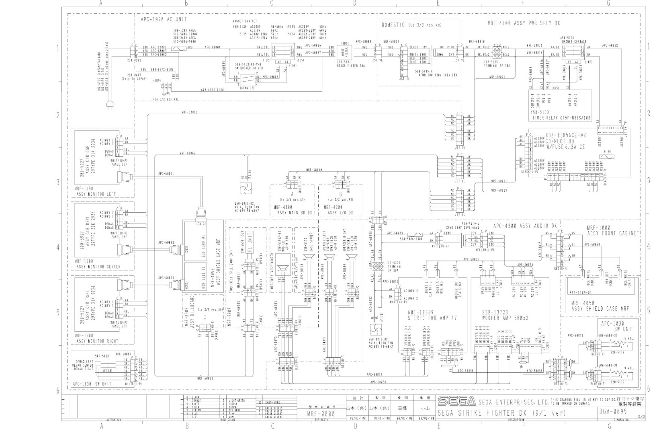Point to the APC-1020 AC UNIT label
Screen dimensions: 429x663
pyautogui.click(x=164, y=19)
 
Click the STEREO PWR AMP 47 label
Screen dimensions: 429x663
pyautogui.click(x=427, y=318)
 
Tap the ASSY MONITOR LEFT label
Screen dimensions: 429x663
pyautogui.click(x=96, y=194)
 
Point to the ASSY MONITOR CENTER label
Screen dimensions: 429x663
pyautogui.click(x=98, y=267)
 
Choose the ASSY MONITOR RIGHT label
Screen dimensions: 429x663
pyautogui.click(x=97, y=341)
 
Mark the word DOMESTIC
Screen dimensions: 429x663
pyautogui.click(x=393, y=25)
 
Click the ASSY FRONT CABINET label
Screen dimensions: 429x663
pyautogui.click(x=613, y=233)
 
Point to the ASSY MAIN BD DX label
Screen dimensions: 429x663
pyautogui.click(x=293, y=213)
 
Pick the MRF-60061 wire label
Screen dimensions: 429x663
pyautogui.click(x=189, y=112)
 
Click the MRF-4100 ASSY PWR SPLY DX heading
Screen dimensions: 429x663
pyautogui.click(x=523, y=23)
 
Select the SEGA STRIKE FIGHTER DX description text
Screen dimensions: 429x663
pyautogui.click(x=501, y=413)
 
